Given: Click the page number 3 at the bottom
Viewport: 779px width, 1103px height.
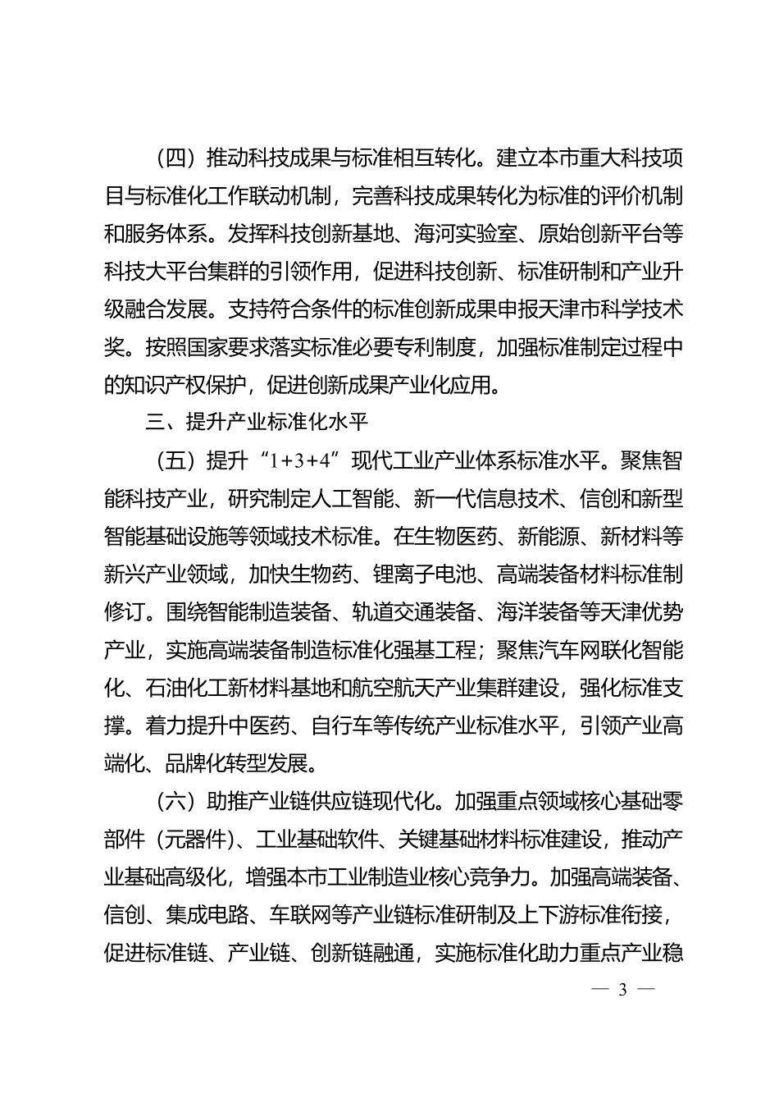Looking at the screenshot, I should click(622, 988).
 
